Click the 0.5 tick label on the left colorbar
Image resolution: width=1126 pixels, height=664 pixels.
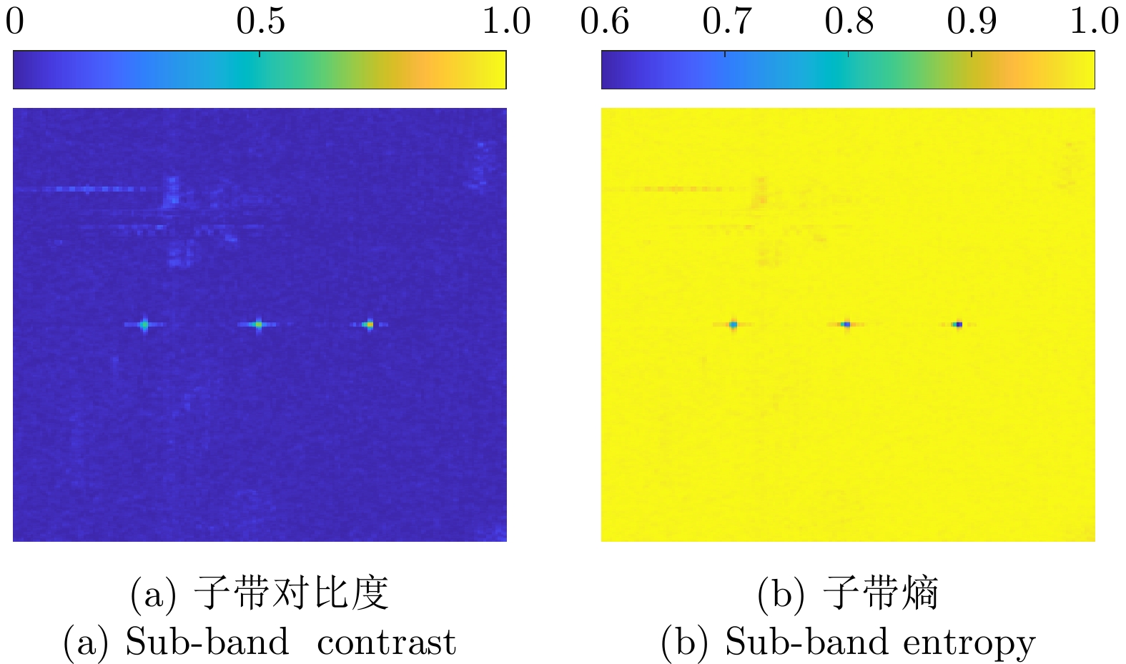point(260,21)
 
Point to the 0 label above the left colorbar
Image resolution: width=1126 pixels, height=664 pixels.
point(15,21)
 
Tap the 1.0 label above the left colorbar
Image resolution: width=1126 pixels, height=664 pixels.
point(506,21)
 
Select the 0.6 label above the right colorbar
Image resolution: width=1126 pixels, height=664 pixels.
point(604,21)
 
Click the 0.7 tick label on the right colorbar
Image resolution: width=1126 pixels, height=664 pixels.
point(726,21)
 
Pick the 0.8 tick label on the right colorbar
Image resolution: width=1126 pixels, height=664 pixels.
point(849,21)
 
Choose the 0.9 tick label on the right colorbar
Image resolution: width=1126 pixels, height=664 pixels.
point(972,21)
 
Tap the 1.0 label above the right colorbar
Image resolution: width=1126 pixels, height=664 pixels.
point(1094,21)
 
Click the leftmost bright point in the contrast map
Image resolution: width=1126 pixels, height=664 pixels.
point(144,324)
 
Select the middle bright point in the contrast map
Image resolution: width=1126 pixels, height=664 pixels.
point(259,324)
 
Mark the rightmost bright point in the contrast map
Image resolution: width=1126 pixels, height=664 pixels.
point(369,324)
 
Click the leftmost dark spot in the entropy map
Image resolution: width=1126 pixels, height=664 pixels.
point(734,324)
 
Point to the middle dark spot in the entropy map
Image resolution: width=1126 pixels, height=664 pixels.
point(847,324)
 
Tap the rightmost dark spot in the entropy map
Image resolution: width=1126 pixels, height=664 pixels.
point(958,324)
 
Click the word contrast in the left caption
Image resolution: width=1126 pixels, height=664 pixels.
point(386,642)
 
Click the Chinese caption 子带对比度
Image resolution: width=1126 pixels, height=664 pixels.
point(291,593)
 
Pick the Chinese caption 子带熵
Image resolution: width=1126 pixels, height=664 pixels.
point(880,593)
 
